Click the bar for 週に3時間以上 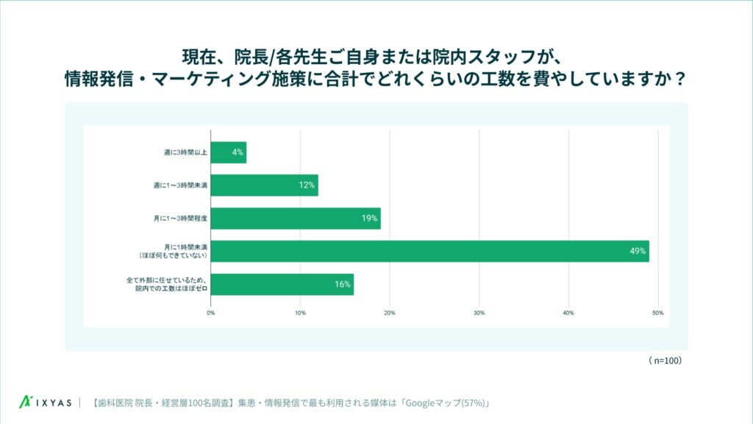point(228,152)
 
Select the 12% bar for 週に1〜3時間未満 point(264,185)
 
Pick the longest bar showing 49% point(429,251)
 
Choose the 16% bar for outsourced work point(282,284)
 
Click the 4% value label point(238,152)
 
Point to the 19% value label point(369,218)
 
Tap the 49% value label point(638,251)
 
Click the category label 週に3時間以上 point(185,152)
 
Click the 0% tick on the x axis point(211,313)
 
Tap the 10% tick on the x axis point(300,313)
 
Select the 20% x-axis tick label point(390,313)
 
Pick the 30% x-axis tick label point(479,313)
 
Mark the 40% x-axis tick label point(568,313)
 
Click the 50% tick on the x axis point(658,313)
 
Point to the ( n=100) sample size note point(665,361)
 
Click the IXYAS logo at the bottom point(46,403)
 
